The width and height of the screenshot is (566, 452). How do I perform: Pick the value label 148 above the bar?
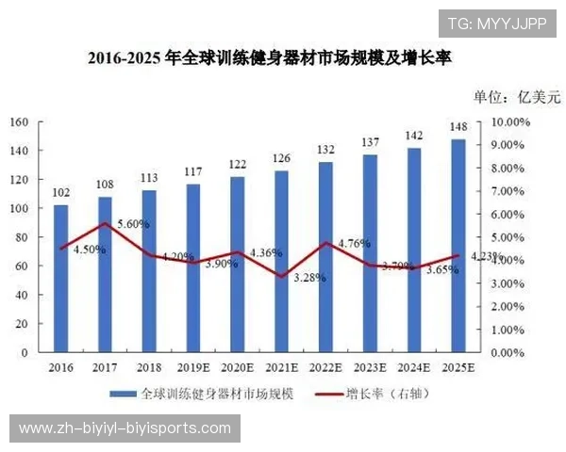click(x=458, y=128)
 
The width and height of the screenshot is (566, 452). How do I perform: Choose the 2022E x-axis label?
click(x=325, y=368)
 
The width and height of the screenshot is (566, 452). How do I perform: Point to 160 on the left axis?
click(x=18, y=122)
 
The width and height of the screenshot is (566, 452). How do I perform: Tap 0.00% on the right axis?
click(x=509, y=353)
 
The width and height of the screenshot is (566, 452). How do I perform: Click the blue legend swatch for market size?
click(x=122, y=395)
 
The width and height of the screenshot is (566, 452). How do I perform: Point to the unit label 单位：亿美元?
click(x=516, y=97)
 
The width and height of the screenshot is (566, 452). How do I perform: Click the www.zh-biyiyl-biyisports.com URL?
click(x=125, y=428)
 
